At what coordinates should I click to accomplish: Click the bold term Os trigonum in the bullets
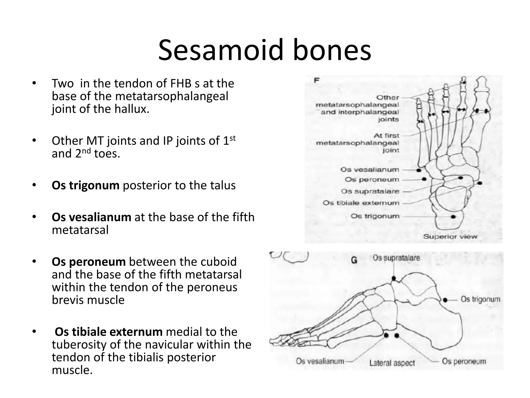[85, 185]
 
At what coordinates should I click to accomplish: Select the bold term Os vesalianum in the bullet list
[91, 217]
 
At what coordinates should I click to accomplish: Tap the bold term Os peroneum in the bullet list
[89, 262]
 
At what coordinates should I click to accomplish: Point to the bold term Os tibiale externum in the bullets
[108, 332]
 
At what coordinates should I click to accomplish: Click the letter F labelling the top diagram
[316, 81]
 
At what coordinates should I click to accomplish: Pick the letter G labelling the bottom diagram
[354, 260]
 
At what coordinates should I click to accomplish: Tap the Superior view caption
[450, 236]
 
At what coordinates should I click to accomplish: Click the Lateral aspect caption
[392, 363]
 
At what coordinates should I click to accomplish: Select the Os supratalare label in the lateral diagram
[396, 258]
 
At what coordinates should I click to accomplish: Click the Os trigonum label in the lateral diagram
[480, 299]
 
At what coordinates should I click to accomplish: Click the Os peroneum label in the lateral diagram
[464, 361]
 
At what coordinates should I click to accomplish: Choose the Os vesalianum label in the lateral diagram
[320, 361]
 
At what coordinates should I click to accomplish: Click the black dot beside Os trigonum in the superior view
[453, 217]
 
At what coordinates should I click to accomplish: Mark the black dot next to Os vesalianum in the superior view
[418, 170]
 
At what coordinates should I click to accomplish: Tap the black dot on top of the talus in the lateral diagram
[394, 278]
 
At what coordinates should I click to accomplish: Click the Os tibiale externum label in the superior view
[361, 203]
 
